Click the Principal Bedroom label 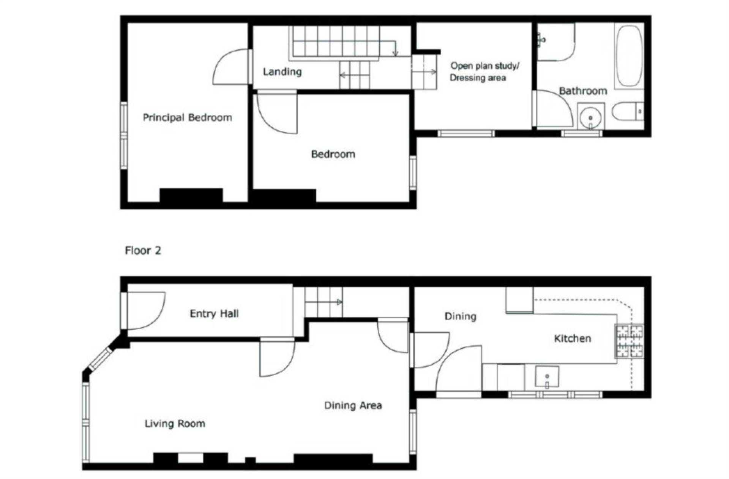coord(187,117)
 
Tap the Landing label coord(282,72)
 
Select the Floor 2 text coord(143,250)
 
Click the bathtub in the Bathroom coord(629,56)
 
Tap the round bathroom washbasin coord(591,116)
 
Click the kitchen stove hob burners coord(630,341)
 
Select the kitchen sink coord(547,376)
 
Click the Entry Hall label coord(214,313)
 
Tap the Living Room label coord(175,423)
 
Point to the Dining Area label coord(353,405)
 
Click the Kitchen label coord(573,338)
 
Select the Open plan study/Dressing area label coord(484,71)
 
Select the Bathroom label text coord(583,91)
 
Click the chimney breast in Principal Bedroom coord(191,195)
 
